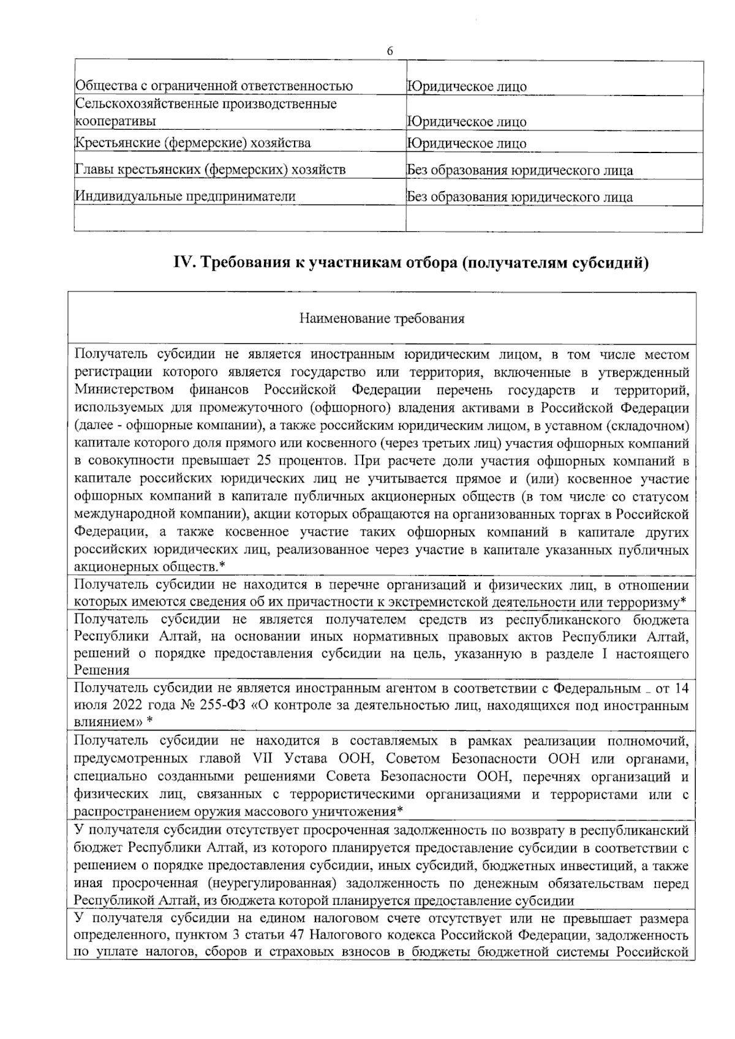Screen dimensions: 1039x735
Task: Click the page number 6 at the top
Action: (390, 51)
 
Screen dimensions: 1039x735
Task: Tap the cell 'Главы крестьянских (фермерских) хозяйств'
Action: (210, 170)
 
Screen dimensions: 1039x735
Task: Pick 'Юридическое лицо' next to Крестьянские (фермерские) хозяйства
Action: (467, 144)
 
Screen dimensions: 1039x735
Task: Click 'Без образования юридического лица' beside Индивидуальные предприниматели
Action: (520, 197)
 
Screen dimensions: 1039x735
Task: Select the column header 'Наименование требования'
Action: (382, 319)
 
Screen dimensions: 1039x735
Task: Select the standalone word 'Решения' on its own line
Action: (101, 670)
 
